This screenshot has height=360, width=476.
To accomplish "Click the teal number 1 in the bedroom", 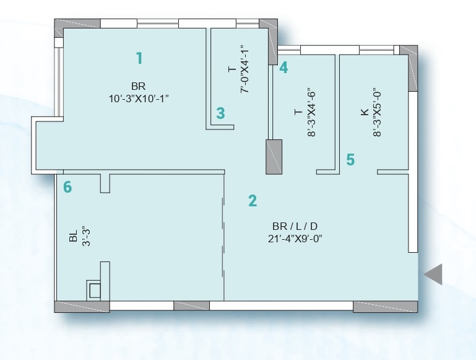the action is point(139,58).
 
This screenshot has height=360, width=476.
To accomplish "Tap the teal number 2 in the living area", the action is point(253,201).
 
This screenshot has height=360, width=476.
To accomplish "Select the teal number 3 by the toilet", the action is point(221,113).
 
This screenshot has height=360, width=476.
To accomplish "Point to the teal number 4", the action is point(283,68).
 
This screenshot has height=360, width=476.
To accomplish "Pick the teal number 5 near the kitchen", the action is point(350,160).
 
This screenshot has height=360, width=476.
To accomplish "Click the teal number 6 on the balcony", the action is point(67,187).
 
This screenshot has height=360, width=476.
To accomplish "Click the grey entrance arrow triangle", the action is point(433,274).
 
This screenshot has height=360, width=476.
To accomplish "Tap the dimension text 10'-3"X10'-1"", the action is point(139,99).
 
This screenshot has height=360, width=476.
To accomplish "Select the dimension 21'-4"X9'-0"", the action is point(295,239).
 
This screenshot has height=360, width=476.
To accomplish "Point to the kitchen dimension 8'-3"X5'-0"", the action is point(377,112).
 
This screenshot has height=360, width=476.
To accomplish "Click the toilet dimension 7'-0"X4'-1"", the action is point(244,69).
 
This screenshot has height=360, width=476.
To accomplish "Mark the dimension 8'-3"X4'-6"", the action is point(311,112).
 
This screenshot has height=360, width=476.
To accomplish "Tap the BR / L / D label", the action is point(295,226).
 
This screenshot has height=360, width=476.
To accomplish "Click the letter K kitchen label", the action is point(365,112).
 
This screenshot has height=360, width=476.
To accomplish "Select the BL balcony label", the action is point(73,236).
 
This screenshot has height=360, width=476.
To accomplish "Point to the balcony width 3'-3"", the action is point(86,237).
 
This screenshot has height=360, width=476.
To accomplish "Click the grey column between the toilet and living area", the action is point(274,157).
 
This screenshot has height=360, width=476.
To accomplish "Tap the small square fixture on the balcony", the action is point(95,291).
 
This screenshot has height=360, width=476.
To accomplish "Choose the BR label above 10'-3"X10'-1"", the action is point(139,86).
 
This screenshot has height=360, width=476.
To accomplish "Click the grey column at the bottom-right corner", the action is point(385,307).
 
